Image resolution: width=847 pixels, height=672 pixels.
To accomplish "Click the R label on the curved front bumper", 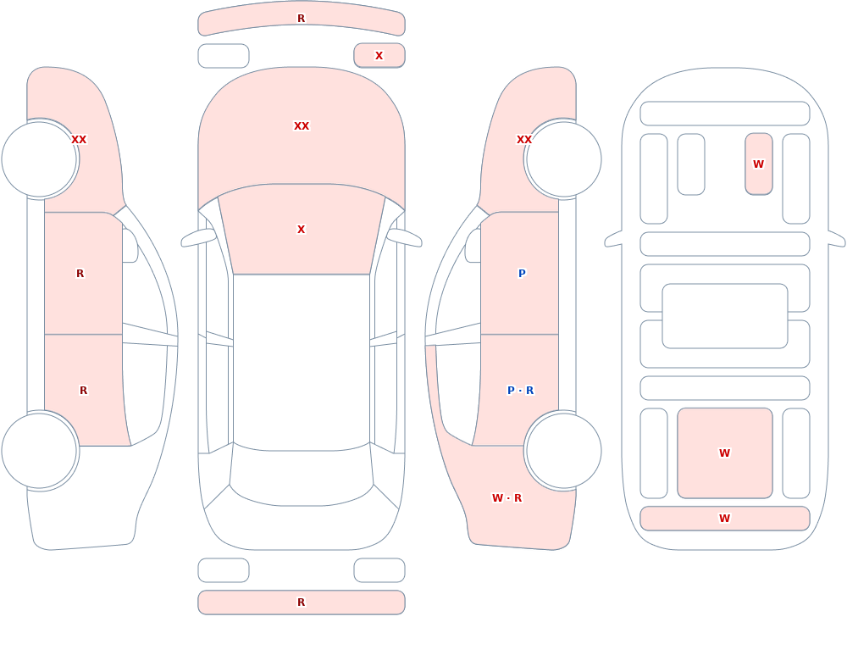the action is pyautogui.click(x=301, y=19).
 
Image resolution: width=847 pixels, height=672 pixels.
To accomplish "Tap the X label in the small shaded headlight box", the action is pyautogui.click(x=379, y=56).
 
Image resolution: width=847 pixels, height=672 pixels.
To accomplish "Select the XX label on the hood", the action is pyautogui.click(x=302, y=126).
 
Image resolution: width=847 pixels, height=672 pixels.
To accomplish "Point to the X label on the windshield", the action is pyautogui.click(x=301, y=230).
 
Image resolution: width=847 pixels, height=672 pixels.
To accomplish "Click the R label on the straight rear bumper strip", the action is pyautogui.click(x=301, y=603).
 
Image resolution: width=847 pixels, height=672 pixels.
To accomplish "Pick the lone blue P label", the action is pyautogui.click(x=522, y=274).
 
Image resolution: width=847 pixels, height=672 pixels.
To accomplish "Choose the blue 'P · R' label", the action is pyautogui.click(x=520, y=391).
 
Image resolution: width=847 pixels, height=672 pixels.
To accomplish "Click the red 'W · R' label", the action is pyautogui.click(x=507, y=498).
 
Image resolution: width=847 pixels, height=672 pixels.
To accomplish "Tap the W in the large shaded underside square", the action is pyautogui.click(x=724, y=453).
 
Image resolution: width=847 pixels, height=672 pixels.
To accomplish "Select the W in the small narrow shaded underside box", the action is pyautogui.click(x=758, y=164).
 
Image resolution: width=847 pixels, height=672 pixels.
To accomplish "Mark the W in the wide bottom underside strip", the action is pyautogui.click(x=724, y=519).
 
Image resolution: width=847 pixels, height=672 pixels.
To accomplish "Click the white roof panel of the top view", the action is pyautogui.click(x=302, y=362).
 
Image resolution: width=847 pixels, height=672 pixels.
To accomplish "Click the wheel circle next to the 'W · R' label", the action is pyautogui.click(x=563, y=450).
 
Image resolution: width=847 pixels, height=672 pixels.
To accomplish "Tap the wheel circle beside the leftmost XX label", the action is pyautogui.click(x=40, y=159).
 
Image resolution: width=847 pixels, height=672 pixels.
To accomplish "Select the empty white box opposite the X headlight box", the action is pyautogui.click(x=224, y=56).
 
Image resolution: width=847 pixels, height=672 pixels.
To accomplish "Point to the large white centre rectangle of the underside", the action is pyautogui.click(x=725, y=316).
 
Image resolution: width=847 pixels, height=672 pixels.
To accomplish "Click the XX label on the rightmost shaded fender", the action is pyautogui.click(x=524, y=140).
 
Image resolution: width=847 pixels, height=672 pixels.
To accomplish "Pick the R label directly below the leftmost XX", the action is pyautogui.click(x=80, y=274).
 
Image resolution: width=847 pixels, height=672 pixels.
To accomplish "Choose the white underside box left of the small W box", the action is pyautogui.click(x=691, y=164).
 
